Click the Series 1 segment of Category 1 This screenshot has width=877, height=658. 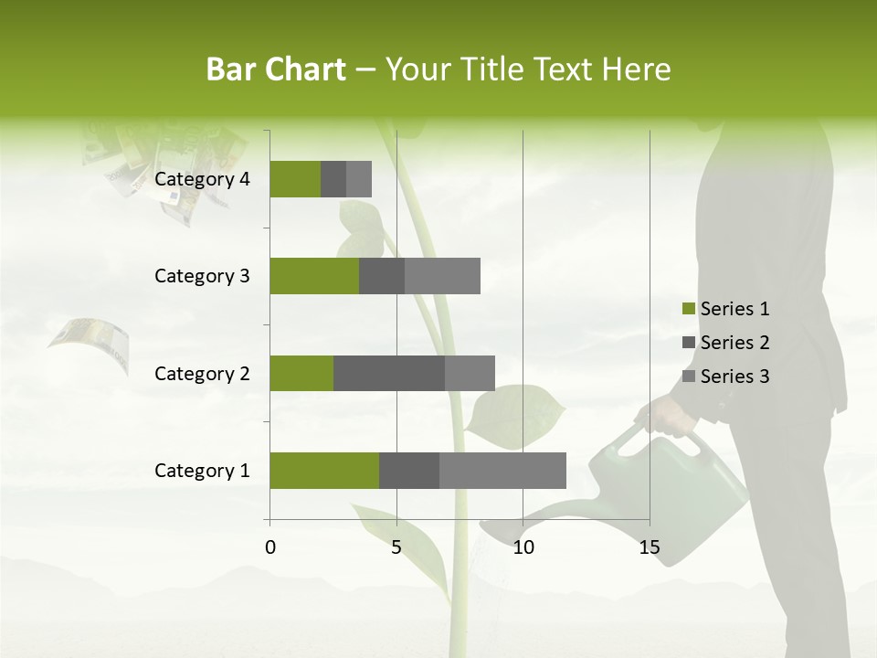click(324, 471)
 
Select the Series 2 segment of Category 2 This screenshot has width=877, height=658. click(389, 373)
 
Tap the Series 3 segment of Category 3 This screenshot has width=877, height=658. click(442, 276)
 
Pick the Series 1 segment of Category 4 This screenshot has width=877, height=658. click(295, 179)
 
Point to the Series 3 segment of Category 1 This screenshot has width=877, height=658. click(502, 471)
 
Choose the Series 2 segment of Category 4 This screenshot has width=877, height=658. click(333, 179)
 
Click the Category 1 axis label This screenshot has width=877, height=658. click(202, 471)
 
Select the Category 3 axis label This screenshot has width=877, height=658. click(202, 276)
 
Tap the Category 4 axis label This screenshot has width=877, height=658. click(202, 179)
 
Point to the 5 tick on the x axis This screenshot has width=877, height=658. click(396, 547)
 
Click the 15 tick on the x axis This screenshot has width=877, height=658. click(650, 547)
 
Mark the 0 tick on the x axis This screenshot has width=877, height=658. click(270, 547)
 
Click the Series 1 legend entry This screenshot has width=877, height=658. click(725, 309)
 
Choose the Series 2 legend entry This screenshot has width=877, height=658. click(725, 343)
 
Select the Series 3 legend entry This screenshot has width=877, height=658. click(725, 377)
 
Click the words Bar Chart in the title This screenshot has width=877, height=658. click(276, 69)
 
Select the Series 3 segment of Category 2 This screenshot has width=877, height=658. click(470, 373)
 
